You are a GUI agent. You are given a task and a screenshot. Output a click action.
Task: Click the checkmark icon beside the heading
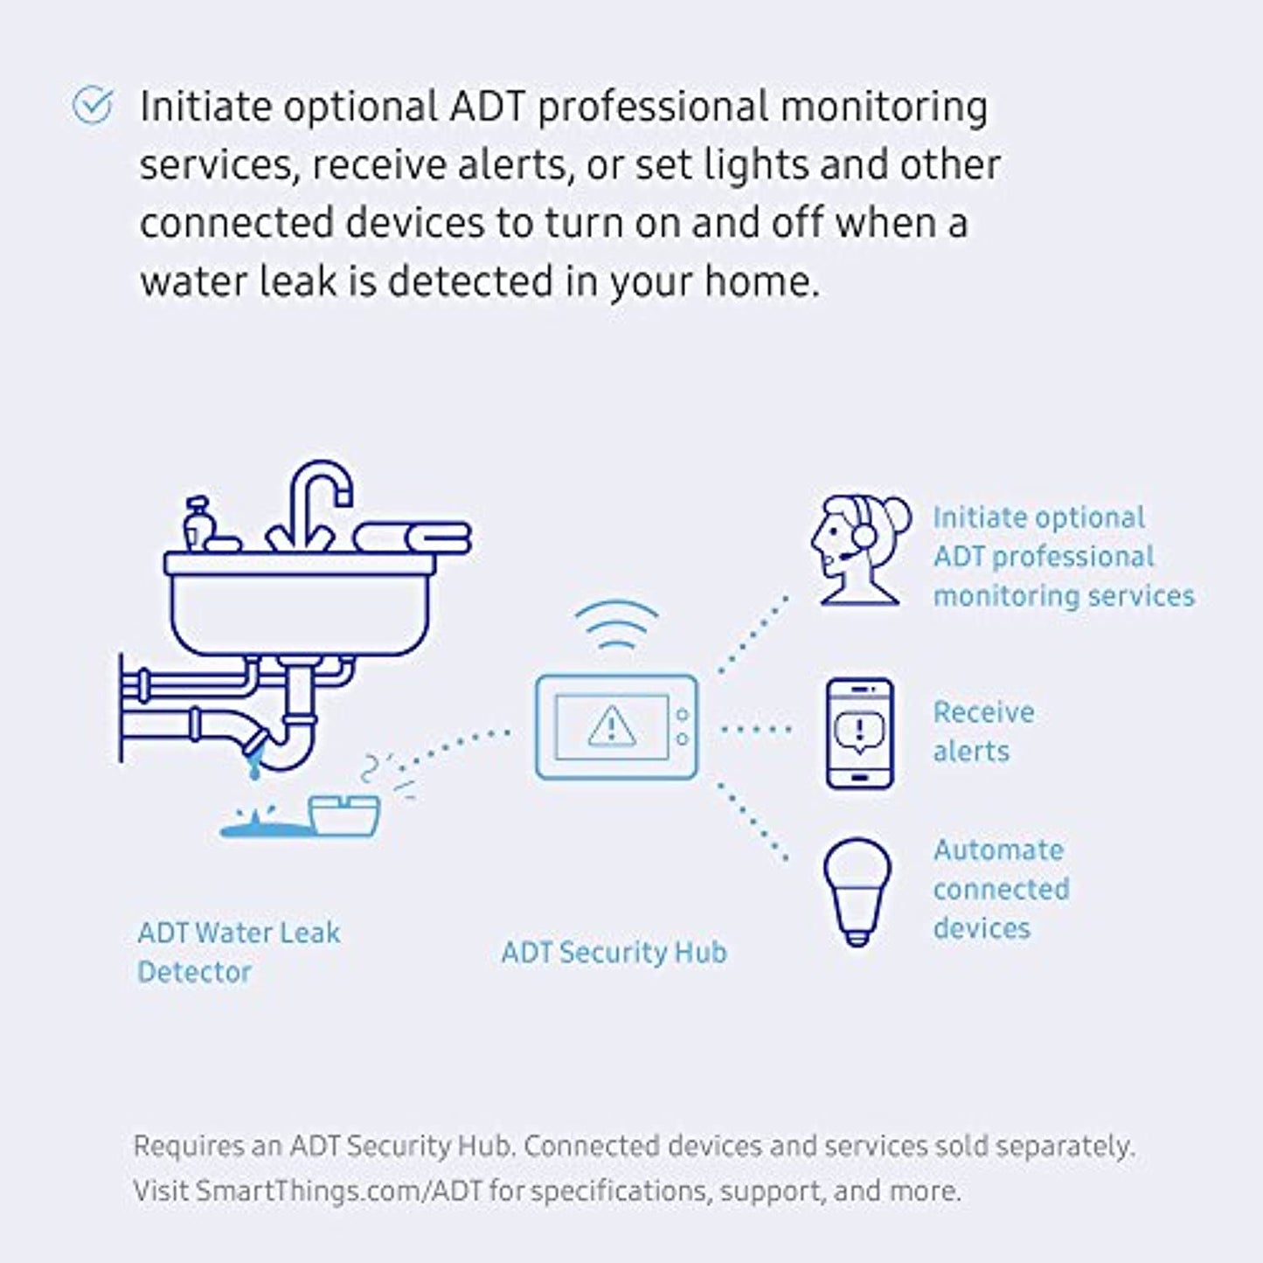[x=93, y=106]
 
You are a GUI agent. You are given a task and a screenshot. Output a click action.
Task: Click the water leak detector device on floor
[x=345, y=815]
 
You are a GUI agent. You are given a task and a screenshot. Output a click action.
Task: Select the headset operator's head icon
[x=857, y=549]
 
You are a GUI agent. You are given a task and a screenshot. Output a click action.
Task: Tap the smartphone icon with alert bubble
[x=860, y=733]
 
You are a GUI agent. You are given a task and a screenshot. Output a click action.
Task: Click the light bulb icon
[x=857, y=890]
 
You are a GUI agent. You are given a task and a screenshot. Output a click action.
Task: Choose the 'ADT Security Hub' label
[x=614, y=952]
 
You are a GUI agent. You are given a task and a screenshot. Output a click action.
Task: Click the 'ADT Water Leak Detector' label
[x=238, y=952]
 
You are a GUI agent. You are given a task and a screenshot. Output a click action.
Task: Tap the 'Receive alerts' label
[x=982, y=732]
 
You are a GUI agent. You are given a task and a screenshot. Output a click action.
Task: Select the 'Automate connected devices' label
[x=1001, y=889]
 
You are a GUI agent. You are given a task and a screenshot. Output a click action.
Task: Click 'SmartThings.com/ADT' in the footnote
[x=339, y=1190]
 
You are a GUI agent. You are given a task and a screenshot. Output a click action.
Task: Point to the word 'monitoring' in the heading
[x=884, y=107]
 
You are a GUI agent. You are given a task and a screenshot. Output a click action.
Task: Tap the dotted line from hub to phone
[x=755, y=728]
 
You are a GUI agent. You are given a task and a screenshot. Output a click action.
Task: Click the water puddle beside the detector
[x=262, y=825]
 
